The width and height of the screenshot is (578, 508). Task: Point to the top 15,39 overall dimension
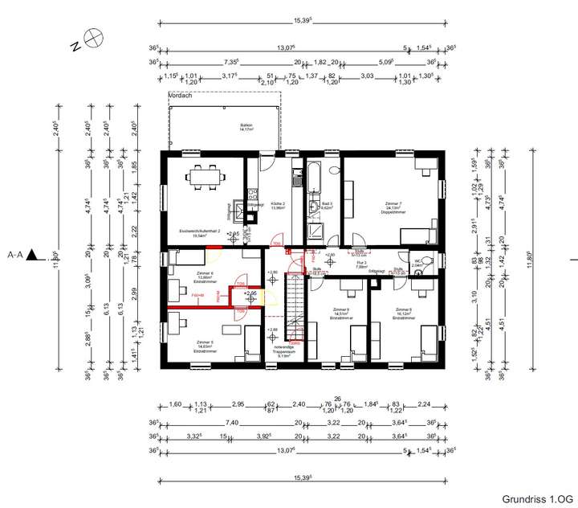click(x=301, y=18)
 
